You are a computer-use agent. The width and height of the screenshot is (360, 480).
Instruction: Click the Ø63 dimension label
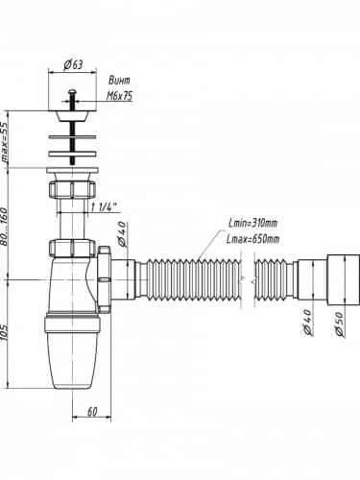click(73, 65)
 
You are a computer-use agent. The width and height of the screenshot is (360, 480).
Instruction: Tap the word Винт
click(119, 80)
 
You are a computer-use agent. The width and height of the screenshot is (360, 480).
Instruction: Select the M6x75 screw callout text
click(119, 96)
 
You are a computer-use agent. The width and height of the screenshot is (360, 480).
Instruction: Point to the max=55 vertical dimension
click(5, 142)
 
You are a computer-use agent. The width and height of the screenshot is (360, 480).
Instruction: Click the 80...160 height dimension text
click(4, 227)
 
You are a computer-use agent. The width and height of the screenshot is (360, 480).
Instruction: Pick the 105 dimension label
click(4, 333)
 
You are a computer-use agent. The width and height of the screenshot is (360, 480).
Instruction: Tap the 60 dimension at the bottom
click(92, 412)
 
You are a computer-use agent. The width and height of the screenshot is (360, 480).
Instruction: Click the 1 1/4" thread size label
click(104, 207)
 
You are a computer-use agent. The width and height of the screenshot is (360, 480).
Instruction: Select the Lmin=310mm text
click(252, 223)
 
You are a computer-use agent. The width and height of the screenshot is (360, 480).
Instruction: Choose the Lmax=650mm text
click(252, 239)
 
